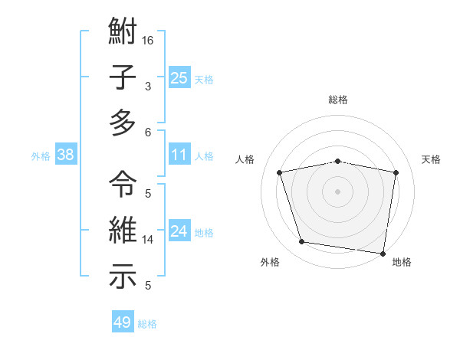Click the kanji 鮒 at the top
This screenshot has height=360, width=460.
coord(123,34)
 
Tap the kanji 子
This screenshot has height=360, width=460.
coord(123,78)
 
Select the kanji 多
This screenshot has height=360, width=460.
coord(123,123)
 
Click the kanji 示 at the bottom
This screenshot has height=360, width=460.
coord(123,277)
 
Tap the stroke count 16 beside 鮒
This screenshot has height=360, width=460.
coord(148,40)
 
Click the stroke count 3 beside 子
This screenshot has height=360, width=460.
coord(148,86)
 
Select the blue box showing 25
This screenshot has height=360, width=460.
coord(179,77)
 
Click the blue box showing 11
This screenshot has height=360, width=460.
coord(179,155)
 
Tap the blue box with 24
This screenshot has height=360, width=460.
coord(179,231)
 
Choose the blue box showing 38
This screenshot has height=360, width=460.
coord(65,155)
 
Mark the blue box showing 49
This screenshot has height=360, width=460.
coord(123,322)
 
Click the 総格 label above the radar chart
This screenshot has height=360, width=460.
coord(338,100)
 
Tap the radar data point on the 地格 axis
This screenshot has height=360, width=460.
coord(383,253)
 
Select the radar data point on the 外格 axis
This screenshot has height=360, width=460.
coord(301,242)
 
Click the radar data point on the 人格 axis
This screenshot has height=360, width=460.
coord(280,172)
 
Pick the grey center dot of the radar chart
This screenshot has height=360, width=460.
coord(338,191)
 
